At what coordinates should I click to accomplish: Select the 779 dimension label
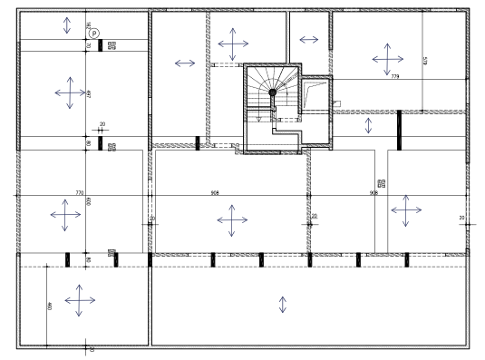[x=394, y=78]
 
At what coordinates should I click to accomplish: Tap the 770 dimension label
[x=79, y=193]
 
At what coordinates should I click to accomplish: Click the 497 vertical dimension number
[x=89, y=94]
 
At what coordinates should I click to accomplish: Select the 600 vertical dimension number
[x=89, y=201]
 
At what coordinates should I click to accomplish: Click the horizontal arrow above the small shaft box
[x=308, y=40]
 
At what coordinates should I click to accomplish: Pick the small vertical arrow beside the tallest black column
[x=368, y=125]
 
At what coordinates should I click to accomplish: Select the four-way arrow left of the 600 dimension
[x=65, y=215]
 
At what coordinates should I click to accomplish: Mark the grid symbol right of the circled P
[x=112, y=44]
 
